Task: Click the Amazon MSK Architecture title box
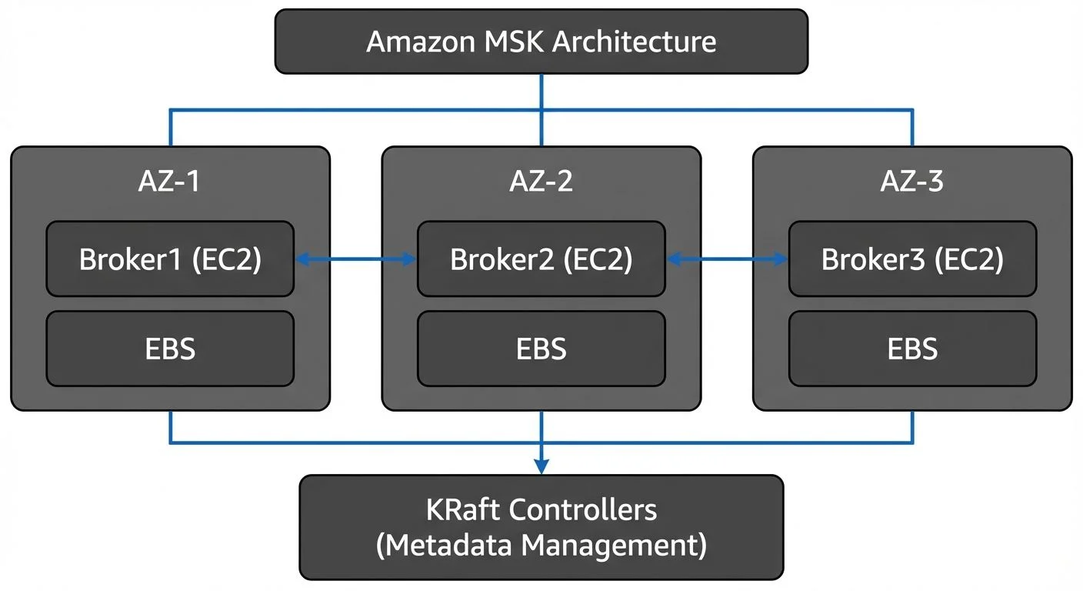coord(541,42)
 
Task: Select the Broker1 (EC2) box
coord(170,259)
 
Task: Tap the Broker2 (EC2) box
coord(541,259)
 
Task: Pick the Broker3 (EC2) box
coord(912,259)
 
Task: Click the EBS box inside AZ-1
coord(170,349)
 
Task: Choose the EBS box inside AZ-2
coord(541,349)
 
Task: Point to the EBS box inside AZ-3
coord(912,349)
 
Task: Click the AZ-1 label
coord(170,182)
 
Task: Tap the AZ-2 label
coord(541,182)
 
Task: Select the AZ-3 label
coord(912,182)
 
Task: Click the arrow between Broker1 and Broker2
coord(355,261)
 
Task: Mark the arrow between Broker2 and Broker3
coord(727,261)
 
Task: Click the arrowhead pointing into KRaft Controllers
coord(541,466)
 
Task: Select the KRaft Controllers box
coord(541,527)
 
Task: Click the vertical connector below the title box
coord(541,92)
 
